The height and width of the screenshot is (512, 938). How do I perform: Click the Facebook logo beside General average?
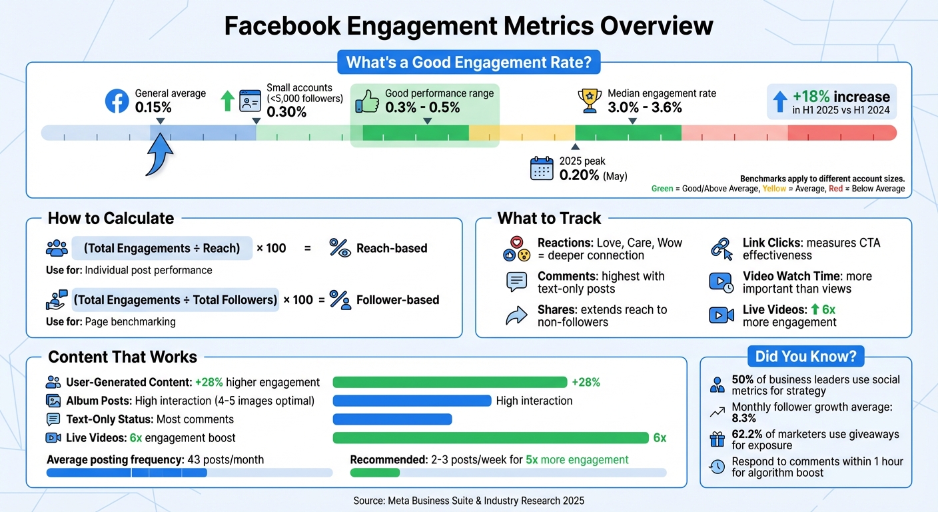pos(117,101)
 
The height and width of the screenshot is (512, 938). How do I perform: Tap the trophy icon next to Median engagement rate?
pos(590,101)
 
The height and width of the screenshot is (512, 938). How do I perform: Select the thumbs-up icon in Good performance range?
pos(367,101)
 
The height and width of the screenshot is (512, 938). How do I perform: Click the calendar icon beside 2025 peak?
pos(542,169)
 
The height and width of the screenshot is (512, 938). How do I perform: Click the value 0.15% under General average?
pos(153,108)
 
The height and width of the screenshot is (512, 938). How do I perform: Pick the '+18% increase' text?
pos(841,97)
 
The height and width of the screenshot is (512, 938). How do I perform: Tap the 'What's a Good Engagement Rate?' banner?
pos(468,63)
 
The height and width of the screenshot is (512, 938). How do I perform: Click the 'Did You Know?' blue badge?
pos(805,357)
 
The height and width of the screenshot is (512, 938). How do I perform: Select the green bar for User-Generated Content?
pos(450,382)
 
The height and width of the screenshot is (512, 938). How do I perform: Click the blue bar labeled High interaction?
pos(412,401)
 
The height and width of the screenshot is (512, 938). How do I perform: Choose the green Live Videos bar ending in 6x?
pos(490,438)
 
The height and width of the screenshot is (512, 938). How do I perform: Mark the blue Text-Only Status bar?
pos(392,419)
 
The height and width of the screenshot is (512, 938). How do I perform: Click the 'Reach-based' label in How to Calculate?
pos(392,249)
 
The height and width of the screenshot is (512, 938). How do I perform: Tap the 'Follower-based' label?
pos(398,300)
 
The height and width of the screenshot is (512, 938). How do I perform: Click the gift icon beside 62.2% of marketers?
pos(717,439)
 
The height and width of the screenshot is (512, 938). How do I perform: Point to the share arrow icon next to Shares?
pos(516,316)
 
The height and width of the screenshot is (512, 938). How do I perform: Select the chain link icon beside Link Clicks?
pos(721,249)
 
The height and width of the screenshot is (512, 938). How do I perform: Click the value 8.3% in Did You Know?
pos(744,418)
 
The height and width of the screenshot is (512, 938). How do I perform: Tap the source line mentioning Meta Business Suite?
pos(468,500)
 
